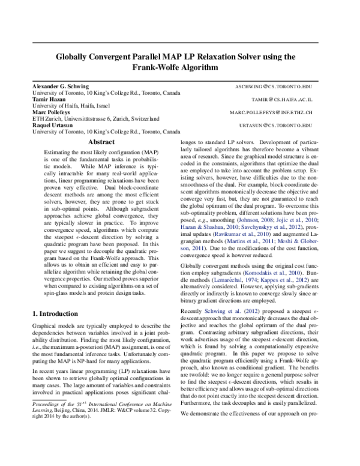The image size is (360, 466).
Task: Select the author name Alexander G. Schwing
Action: pyautogui.click(x=61, y=87)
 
